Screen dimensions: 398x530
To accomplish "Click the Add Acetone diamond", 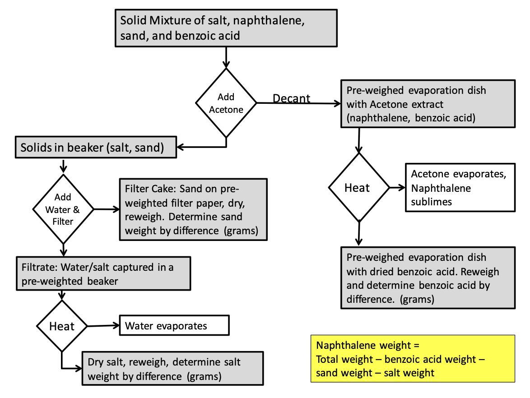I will (x=226, y=103).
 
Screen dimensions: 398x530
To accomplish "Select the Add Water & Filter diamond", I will (x=63, y=209).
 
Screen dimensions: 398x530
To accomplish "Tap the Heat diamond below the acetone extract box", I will (x=358, y=187).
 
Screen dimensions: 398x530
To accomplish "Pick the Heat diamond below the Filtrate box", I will (x=62, y=326).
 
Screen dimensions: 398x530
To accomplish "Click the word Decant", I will (x=291, y=98).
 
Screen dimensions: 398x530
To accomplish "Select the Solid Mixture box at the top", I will (x=226, y=28).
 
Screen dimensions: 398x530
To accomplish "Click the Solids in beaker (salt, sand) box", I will (x=96, y=147).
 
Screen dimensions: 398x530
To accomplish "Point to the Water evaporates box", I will (x=174, y=325).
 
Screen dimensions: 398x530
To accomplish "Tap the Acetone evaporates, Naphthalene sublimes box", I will (x=460, y=187).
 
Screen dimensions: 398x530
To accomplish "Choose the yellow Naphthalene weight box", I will (x=413, y=359).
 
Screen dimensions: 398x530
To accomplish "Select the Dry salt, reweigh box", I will (x=172, y=369).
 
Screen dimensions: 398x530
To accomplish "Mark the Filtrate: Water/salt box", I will (x=103, y=273).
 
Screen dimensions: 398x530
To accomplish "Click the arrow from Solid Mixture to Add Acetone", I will (x=226, y=57).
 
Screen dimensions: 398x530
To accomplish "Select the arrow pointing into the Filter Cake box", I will (x=107, y=209).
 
